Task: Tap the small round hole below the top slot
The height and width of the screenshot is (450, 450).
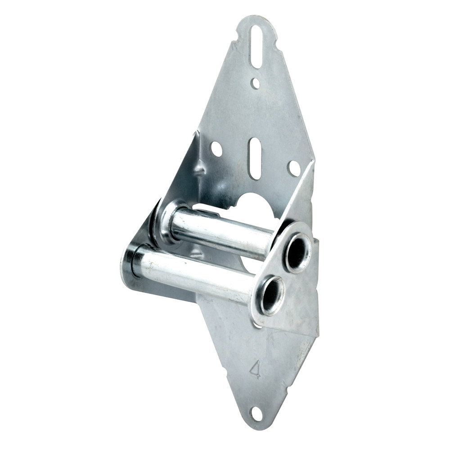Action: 256,83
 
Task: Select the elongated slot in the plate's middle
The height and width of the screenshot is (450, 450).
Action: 255,158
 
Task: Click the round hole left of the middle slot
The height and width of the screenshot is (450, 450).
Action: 216,149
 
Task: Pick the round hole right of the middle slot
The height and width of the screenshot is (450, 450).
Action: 294,168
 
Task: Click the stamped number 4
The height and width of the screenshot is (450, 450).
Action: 255,369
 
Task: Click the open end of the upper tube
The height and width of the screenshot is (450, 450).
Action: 297,253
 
